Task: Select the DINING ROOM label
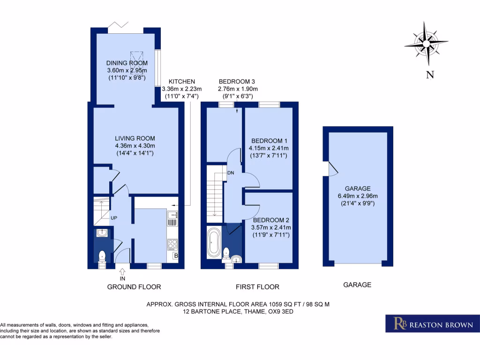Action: [x=127, y=63]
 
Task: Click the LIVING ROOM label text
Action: [x=135, y=138]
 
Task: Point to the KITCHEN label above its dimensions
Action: [x=182, y=82]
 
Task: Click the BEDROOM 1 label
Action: [x=269, y=141]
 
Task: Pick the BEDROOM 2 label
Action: [x=272, y=220]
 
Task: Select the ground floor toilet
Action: [x=101, y=256]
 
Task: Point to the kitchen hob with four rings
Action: [x=172, y=244]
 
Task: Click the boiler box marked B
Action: [x=176, y=256]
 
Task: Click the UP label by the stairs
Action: [x=114, y=218]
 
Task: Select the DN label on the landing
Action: [x=230, y=172]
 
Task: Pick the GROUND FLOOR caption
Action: [x=134, y=287]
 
